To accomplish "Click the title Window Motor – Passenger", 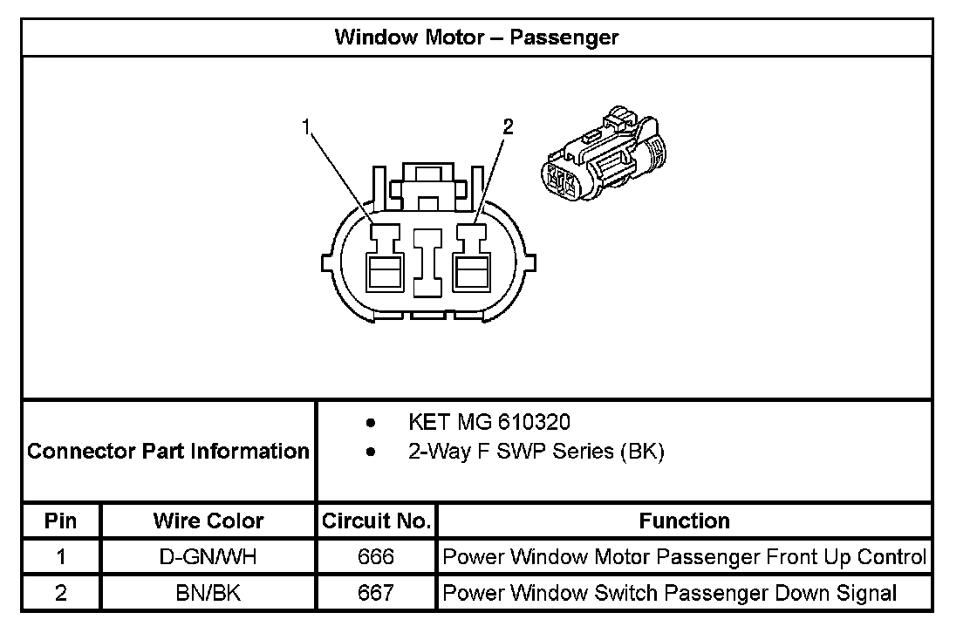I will tap(476, 37).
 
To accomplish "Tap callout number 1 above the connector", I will tap(306, 127).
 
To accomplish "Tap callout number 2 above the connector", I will tap(508, 127).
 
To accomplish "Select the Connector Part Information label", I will tap(168, 452).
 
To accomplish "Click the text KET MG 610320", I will tap(489, 423).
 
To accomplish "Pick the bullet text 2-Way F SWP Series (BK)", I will tap(536, 453).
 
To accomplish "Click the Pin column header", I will tap(61, 521).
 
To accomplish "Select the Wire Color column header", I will tap(208, 521).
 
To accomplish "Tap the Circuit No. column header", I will tap(376, 521).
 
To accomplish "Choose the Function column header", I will tap(685, 521).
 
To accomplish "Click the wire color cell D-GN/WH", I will tap(208, 557).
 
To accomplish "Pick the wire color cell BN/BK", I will tap(208, 594).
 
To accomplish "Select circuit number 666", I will tap(376, 557).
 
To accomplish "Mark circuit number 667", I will tap(376, 594).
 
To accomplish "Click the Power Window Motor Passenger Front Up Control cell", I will tap(685, 557).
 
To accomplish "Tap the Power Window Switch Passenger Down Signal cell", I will tap(670, 594).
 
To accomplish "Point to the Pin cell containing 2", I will tap(61, 594).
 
